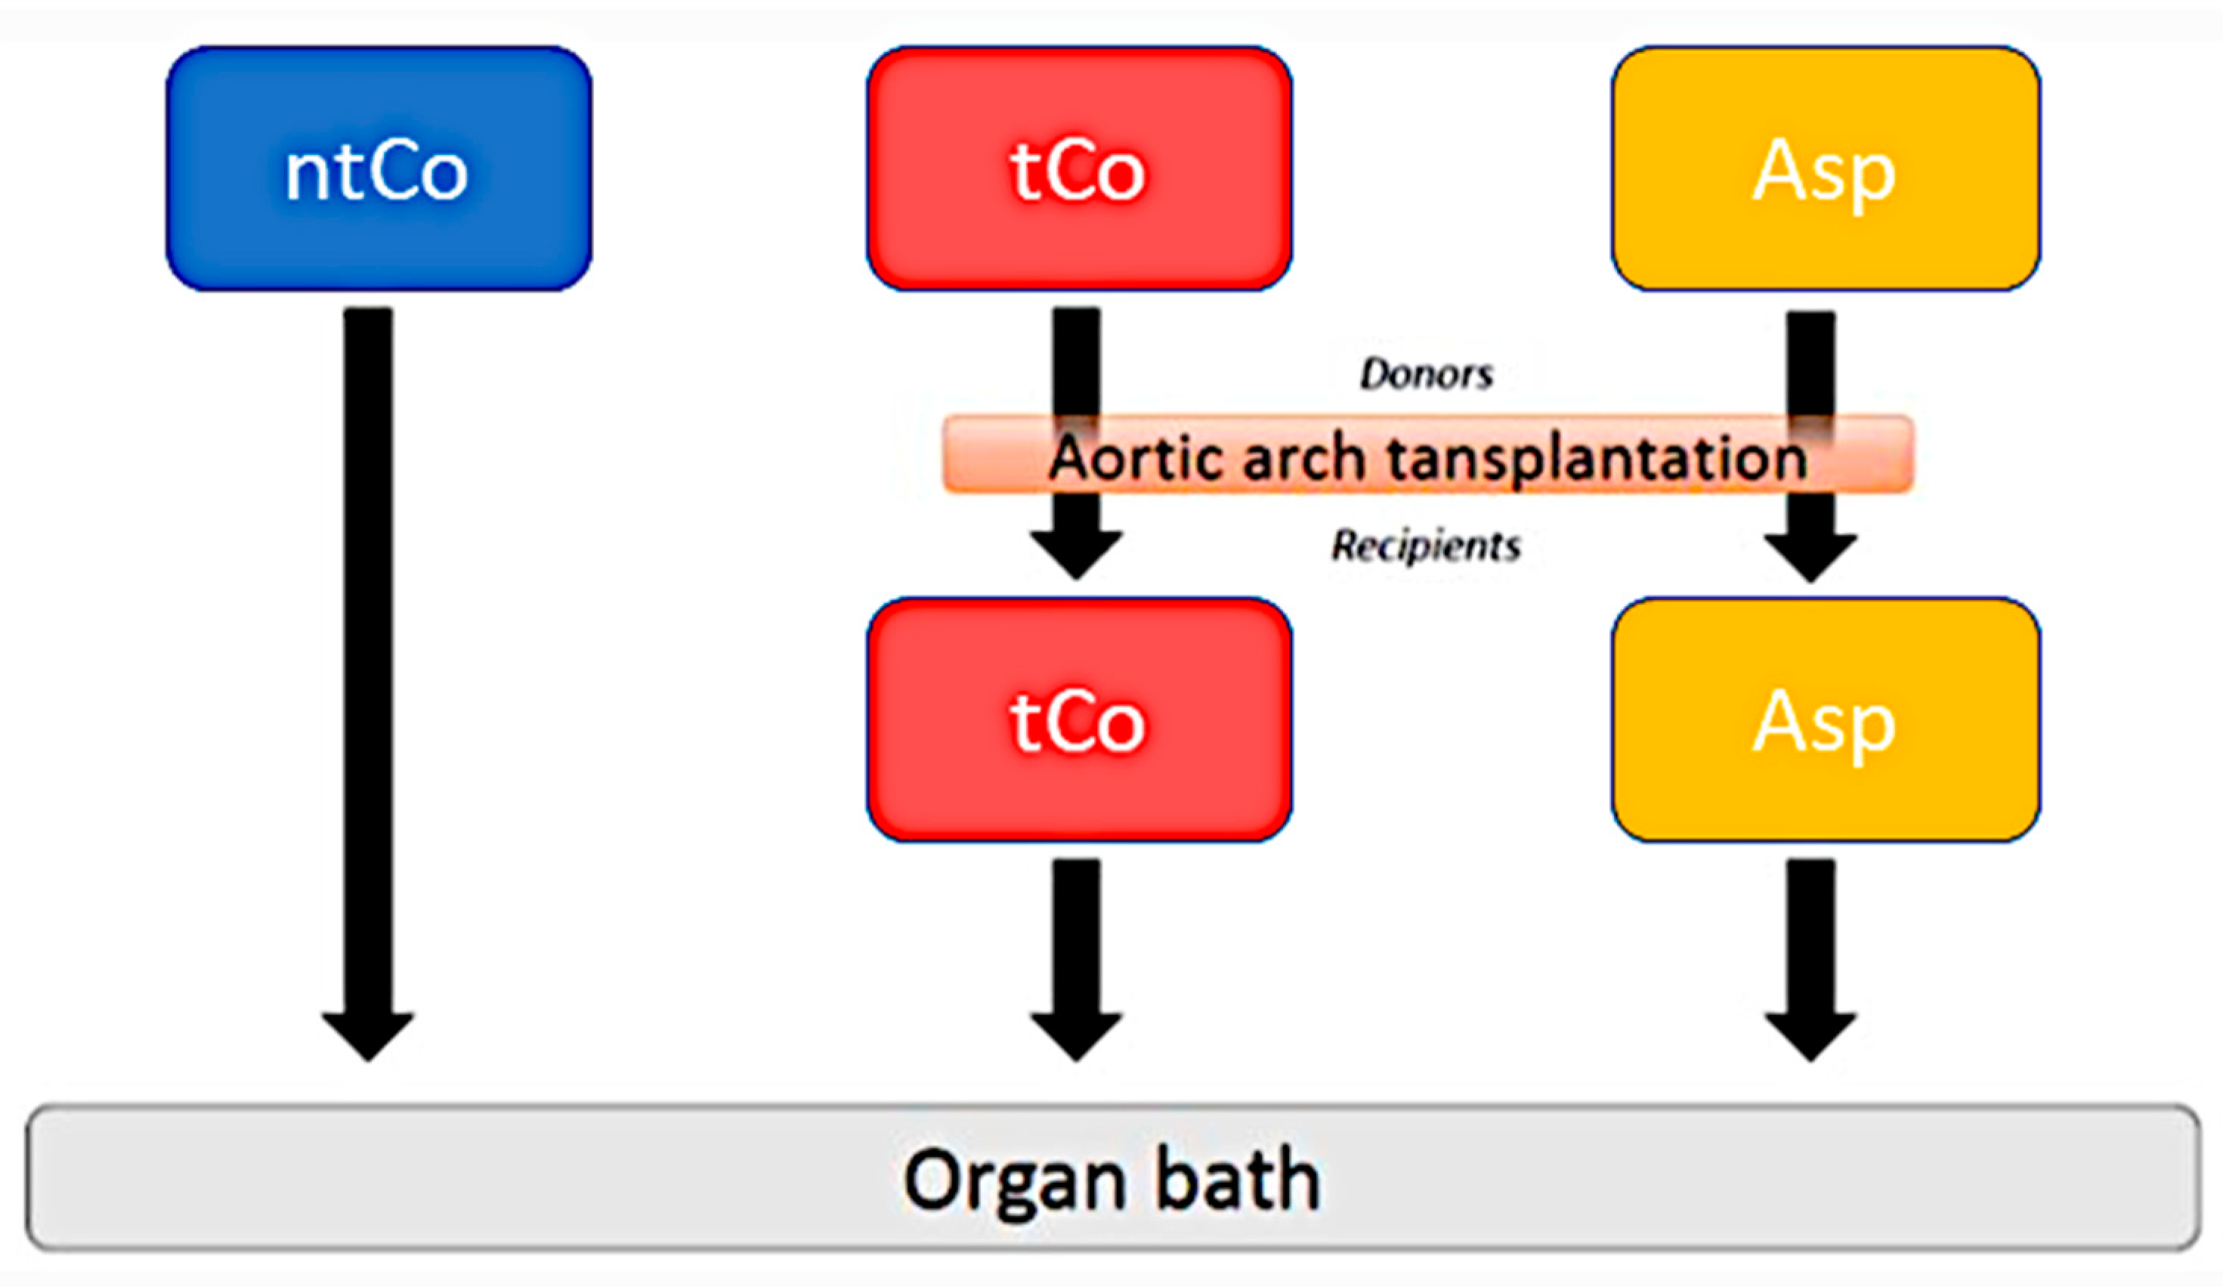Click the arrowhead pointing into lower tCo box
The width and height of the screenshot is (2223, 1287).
[x=1076, y=554]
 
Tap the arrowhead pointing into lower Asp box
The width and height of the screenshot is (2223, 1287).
[x=1810, y=555]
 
